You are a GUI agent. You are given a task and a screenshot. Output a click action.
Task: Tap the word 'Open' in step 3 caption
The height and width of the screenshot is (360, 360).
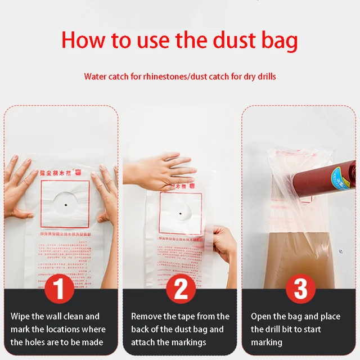click(261, 317)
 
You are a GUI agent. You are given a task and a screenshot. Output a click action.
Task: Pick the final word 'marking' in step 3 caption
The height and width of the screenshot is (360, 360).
click(267, 342)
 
